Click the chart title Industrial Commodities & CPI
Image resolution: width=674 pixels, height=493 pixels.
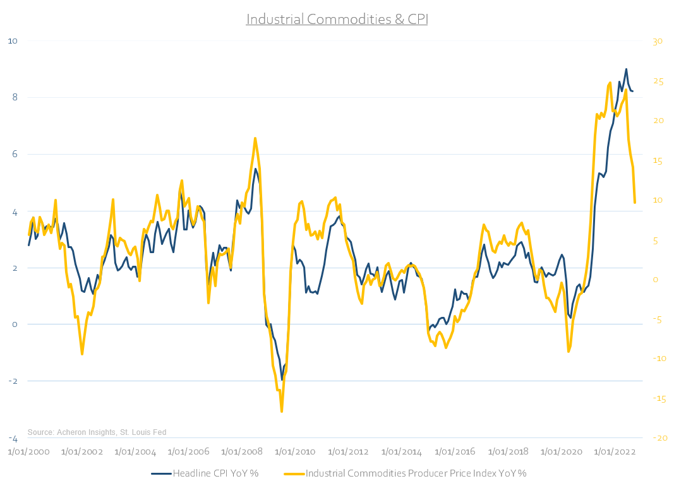337,19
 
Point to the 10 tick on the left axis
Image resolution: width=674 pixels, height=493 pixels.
12,41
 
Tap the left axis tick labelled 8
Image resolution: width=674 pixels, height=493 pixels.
13,97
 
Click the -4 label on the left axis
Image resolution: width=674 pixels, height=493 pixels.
12,438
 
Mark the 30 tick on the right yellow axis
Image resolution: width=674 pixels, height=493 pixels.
656,42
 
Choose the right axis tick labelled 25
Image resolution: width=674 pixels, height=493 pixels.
656,81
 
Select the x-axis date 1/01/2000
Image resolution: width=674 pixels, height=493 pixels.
28,452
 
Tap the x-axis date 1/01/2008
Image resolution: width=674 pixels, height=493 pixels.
241,452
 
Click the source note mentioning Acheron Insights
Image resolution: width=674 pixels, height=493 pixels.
97,432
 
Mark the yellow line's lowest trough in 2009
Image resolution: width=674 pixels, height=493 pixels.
281,412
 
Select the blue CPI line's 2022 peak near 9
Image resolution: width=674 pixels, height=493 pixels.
626,69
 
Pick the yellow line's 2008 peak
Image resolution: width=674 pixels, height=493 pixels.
255,138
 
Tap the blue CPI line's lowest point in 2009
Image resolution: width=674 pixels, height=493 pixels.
282,379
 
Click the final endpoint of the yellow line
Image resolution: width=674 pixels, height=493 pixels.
634,203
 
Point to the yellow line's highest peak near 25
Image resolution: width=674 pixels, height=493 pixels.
610,83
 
